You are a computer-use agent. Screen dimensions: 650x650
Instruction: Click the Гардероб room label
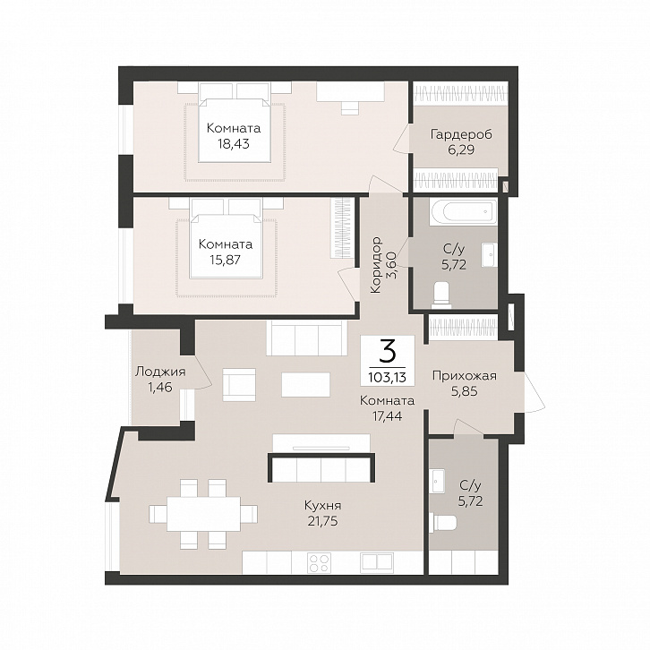click(461, 134)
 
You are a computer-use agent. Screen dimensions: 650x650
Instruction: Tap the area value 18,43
click(234, 144)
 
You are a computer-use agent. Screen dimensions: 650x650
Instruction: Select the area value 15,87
click(226, 260)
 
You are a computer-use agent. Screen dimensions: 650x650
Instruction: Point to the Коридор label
click(376, 265)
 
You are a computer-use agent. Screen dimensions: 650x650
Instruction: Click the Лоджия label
click(160, 372)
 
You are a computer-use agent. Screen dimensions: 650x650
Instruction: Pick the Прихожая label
click(465, 376)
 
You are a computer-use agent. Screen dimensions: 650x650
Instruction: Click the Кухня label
click(322, 506)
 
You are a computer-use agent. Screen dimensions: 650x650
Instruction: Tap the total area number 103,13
click(387, 377)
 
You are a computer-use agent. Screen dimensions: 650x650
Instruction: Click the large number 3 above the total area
click(388, 353)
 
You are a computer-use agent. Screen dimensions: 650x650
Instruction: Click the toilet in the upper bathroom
click(440, 295)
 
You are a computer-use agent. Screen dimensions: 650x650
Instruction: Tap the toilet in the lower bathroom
click(442, 523)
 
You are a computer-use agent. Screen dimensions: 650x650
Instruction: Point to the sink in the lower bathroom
click(437, 481)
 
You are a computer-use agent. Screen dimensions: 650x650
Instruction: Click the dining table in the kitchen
click(203, 514)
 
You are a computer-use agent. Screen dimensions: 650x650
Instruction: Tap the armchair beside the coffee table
click(239, 385)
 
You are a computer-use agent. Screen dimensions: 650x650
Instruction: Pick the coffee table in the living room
click(306, 385)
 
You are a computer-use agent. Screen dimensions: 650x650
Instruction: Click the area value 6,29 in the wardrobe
click(461, 150)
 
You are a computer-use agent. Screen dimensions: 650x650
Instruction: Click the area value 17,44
click(387, 415)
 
